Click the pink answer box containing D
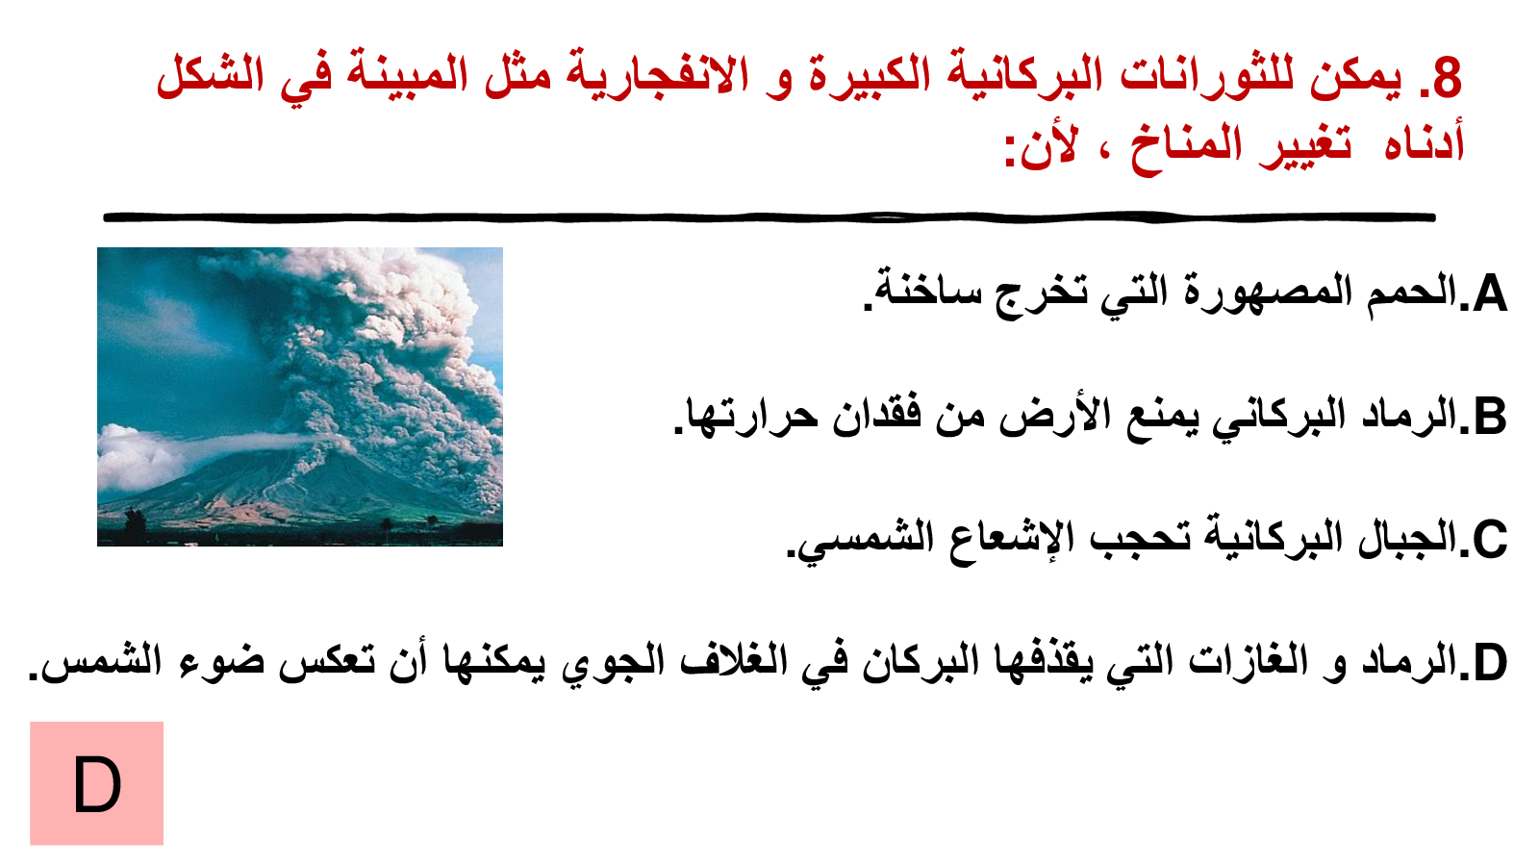(x=97, y=783)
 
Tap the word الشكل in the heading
(x=211, y=76)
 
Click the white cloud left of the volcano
(x=138, y=456)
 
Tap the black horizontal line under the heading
(x=769, y=217)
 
